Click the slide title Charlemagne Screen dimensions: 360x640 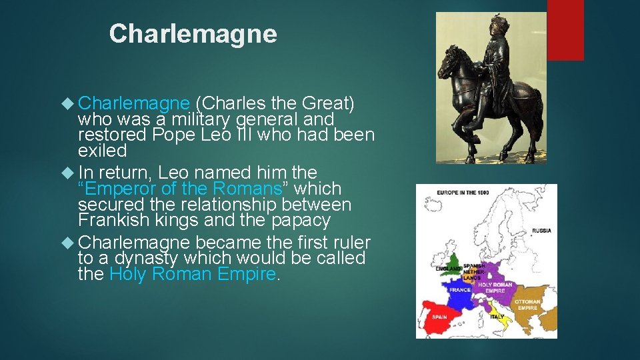point(193,34)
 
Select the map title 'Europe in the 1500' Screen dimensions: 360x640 point(463,193)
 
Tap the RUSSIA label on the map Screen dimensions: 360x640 point(541,231)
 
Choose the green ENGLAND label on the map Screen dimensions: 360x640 point(449,269)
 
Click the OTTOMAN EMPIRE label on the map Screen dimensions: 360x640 point(527,304)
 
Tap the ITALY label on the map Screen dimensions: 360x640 point(497,317)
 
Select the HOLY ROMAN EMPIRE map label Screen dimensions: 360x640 point(495,288)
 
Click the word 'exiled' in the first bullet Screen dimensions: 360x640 point(102,151)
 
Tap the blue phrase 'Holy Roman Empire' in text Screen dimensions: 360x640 point(193,274)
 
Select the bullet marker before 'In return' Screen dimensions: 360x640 point(66,173)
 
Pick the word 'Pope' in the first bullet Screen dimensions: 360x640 point(173,135)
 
